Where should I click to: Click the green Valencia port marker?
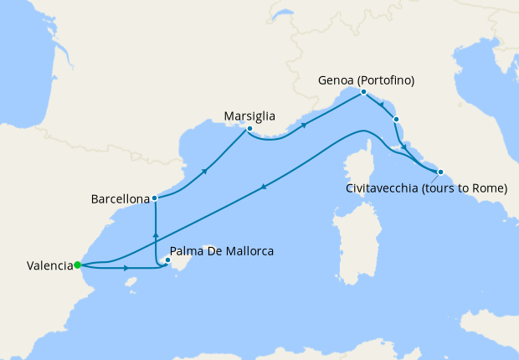tap(77, 265)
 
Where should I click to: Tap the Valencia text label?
tap(49, 266)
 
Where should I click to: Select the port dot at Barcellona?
tap(155, 198)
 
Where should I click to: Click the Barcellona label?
tap(120, 199)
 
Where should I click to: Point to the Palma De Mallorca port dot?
tap(167, 260)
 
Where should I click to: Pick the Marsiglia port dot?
tap(249, 129)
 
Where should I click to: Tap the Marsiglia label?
tap(251, 116)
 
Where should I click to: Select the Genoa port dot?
tap(364, 92)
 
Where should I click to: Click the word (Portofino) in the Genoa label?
tap(386, 80)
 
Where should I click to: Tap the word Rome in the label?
tap(489, 188)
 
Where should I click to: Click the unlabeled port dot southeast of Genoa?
tap(396, 120)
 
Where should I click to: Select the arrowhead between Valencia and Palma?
tap(126, 269)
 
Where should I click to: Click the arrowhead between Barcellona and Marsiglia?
tap(205, 171)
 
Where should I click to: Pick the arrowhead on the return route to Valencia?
tap(264, 188)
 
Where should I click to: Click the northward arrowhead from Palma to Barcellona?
tap(155, 227)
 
